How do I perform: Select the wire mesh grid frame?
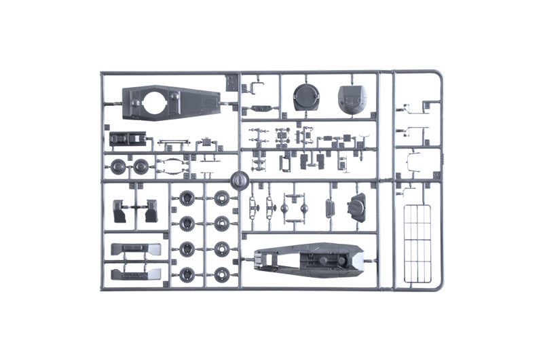pyautogui.click(x=417, y=243)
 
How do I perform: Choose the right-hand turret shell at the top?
pyautogui.click(x=353, y=99)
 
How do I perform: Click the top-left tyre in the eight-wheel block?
pyautogui.click(x=185, y=199)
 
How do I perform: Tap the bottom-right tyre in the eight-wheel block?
pyautogui.click(x=221, y=275)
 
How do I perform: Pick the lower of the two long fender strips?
pyautogui.click(x=135, y=273)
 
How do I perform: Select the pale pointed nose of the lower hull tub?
pyautogui.click(x=357, y=257)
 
